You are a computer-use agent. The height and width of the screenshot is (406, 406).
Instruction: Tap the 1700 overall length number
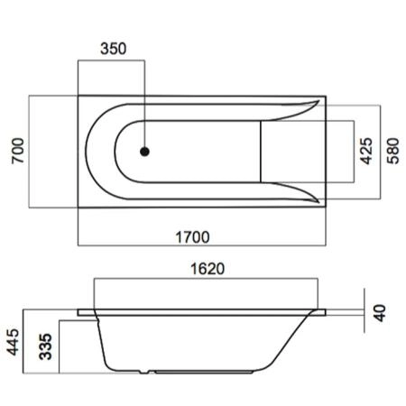(191, 237)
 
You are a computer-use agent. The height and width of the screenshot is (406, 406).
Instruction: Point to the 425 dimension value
(365, 151)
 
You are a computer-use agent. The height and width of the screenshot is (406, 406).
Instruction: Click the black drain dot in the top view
(143, 152)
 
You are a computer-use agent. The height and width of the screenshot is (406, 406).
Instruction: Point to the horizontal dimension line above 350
(111, 61)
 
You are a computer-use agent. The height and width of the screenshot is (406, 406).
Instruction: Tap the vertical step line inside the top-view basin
(262, 151)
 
